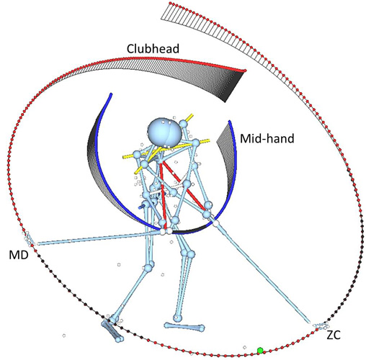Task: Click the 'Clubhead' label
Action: [x=153, y=49]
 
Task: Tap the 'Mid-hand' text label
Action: [x=267, y=138]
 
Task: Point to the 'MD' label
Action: [x=19, y=255]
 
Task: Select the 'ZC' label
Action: [x=334, y=335]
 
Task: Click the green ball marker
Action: [x=260, y=351]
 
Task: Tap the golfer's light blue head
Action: [x=164, y=131]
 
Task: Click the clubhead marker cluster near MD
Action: [x=30, y=239]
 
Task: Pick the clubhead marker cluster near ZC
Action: [x=321, y=325]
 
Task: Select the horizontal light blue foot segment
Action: [x=184, y=327]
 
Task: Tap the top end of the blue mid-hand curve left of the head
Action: [x=111, y=94]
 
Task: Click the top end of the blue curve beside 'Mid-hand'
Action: [x=230, y=122]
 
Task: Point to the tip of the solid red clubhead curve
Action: [x=245, y=71]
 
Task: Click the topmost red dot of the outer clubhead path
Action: [x=170, y=3]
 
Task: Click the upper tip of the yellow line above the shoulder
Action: [x=192, y=114]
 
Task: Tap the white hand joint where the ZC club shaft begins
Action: [x=215, y=223]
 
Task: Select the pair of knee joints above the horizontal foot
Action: [x=187, y=253]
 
